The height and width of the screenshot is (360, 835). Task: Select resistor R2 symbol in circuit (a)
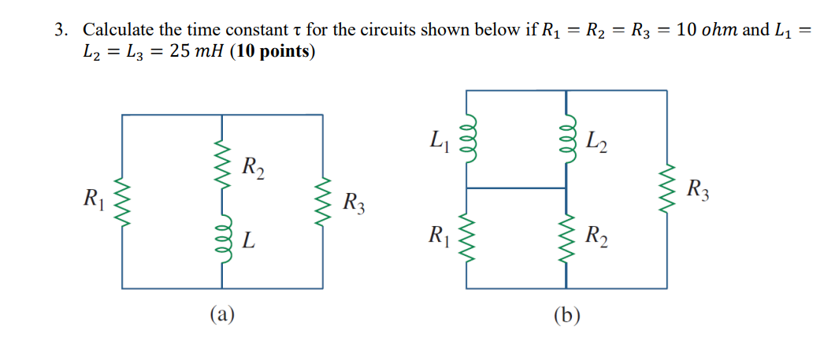224,166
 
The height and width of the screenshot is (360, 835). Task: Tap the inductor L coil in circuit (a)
224,239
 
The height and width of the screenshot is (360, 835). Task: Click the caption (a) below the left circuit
223,315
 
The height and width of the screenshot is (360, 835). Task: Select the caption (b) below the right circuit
566,316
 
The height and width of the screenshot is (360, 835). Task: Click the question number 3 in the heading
61,31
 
